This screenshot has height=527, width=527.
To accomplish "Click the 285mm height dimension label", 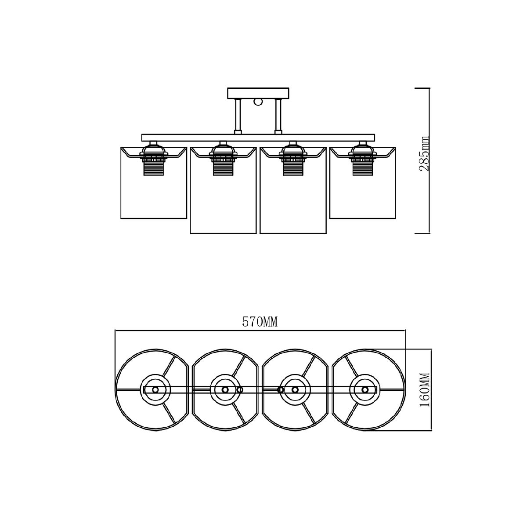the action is point(424,154).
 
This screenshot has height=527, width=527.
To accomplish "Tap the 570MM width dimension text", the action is point(260,322).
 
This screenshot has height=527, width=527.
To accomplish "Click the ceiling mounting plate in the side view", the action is point(258,93).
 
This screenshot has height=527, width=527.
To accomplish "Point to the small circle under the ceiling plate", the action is point(258,102).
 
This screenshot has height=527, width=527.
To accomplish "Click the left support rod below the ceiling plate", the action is point(238,116).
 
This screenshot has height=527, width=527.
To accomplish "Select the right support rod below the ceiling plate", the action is point(278,116).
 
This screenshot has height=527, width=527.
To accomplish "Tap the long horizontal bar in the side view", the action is point(258,138).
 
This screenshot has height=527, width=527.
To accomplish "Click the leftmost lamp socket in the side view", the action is point(153,159).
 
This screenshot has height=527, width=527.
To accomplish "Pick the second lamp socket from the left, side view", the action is point(223,159).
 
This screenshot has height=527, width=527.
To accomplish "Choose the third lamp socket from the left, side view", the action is point(292,159).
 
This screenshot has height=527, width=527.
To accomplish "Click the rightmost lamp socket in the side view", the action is point(362,159).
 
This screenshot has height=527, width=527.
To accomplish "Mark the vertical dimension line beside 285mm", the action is point(429,161).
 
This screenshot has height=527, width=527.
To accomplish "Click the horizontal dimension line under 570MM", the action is point(260,331).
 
